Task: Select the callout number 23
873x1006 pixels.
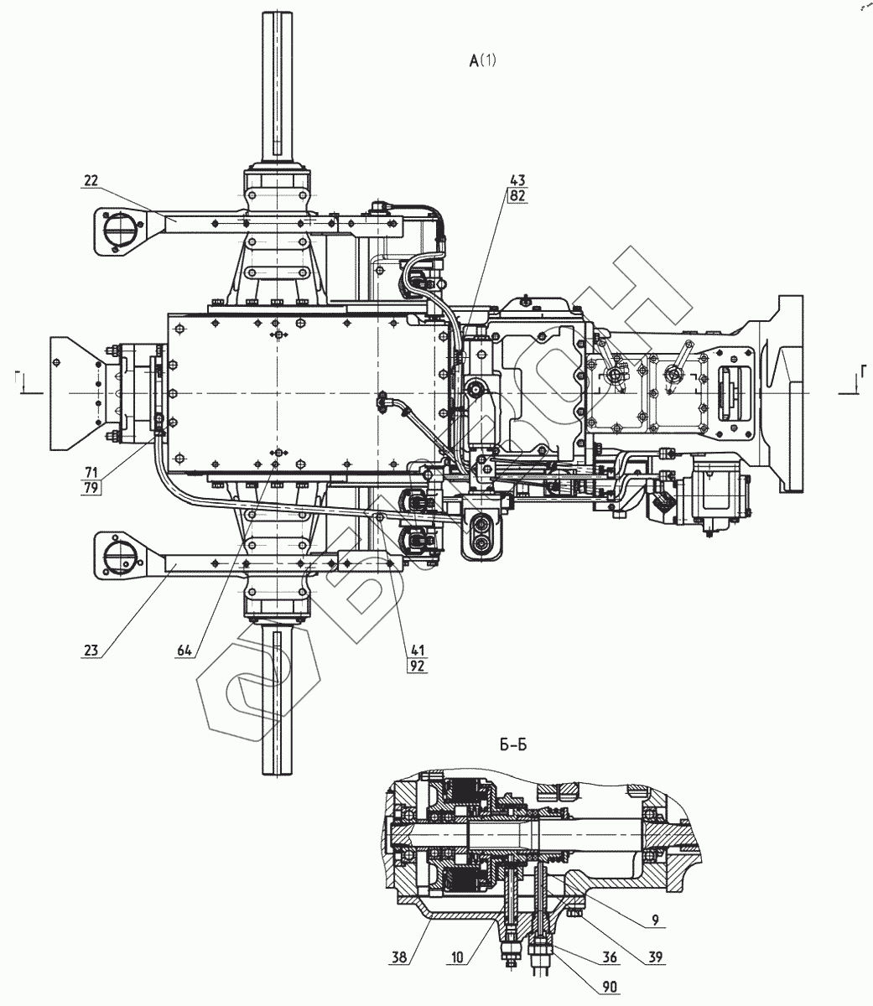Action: coord(92,647)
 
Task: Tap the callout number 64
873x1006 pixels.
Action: coord(186,647)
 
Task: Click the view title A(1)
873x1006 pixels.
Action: coord(485,60)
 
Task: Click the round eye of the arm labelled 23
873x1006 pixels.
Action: coord(117,555)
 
